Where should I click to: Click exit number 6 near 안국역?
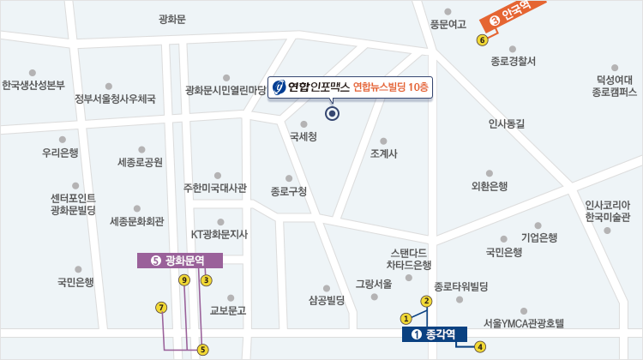(x=482, y=39)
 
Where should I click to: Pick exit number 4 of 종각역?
(x=480, y=346)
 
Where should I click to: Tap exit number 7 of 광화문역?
(x=161, y=307)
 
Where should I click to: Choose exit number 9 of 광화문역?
(x=183, y=280)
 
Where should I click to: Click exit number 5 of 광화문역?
(x=202, y=349)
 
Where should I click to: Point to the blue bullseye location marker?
(x=332, y=113)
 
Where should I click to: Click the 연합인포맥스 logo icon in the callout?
(x=278, y=87)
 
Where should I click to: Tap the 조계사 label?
(x=382, y=154)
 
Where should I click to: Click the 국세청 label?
(x=303, y=136)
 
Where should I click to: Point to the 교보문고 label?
(x=227, y=310)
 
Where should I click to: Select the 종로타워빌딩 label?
(x=460, y=285)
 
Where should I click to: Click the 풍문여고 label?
(x=448, y=24)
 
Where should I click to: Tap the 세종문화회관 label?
(x=136, y=221)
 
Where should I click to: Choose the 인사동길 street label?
(x=506, y=123)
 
